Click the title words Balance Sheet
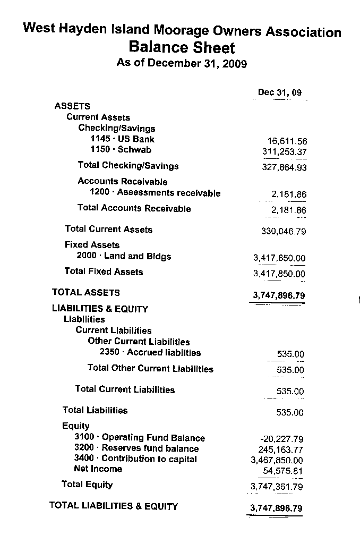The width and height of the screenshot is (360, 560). pyautogui.click(x=182, y=48)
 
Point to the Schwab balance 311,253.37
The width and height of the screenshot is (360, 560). pyautogui.click(x=285, y=152)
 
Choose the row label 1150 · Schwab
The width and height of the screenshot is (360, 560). pyautogui.click(x=121, y=150)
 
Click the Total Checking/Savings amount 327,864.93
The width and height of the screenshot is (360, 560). pyautogui.click(x=285, y=168)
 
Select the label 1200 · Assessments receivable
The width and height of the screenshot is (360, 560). pyautogui.click(x=155, y=193)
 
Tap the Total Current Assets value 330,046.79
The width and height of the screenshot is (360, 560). pyautogui.click(x=284, y=232)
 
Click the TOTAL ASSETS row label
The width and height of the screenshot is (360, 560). pyautogui.click(x=86, y=292)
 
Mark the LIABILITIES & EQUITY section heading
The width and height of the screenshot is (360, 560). pyautogui.click(x=100, y=309)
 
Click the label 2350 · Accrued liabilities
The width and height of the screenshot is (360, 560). pyautogui.click(x=150, y=352)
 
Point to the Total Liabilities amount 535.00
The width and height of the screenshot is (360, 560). pyautogui.click(x=290, y=412)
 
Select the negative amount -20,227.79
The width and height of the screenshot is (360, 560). pyautogui.click(x=282, y=439)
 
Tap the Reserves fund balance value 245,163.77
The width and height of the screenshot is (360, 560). pyautogui.click(x=282, y=449)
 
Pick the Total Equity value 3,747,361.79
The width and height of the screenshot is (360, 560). pyautogui.click(x=276, y=487)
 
